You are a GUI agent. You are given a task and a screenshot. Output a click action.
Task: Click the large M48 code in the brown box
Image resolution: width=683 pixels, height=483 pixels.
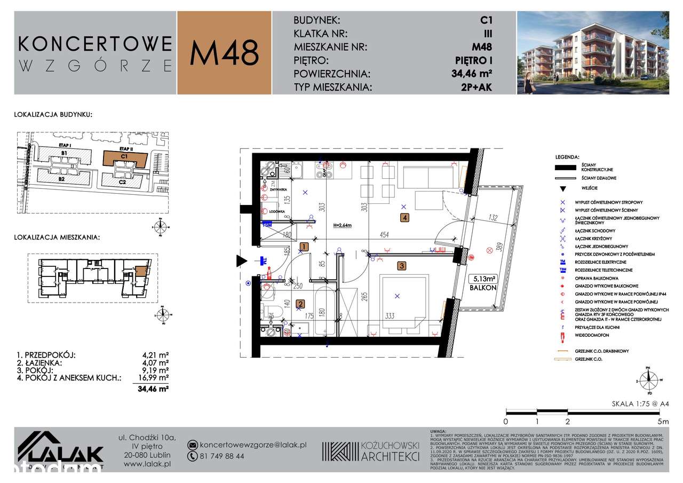(x=225, y=53)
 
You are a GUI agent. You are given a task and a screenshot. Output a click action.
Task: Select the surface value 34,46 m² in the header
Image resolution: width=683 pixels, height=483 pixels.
(x=472, y=74)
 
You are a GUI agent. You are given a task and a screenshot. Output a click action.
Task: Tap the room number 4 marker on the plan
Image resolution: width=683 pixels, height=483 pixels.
(x=406, y=217)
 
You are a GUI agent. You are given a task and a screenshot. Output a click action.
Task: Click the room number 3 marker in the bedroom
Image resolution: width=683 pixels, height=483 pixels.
(x=402, y=265)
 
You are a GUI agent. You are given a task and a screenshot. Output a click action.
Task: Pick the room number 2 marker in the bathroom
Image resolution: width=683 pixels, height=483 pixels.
(x=300, y=304)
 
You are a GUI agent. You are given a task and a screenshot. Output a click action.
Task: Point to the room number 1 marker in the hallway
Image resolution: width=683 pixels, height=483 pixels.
(x=304, y=247)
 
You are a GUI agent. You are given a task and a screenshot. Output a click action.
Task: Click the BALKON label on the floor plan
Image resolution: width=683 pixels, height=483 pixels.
(x=483, y=287)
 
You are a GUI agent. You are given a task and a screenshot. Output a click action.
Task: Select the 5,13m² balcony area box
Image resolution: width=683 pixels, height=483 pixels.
(x=482, y=278)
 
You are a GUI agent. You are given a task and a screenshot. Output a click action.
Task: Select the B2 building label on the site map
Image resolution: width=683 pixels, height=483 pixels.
(x=62, y=179)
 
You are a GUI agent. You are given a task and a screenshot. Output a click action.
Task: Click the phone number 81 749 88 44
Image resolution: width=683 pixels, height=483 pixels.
(x=222, y=456)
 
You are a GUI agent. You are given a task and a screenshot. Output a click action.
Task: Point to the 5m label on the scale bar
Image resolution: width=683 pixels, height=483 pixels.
(x=664, y=421)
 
